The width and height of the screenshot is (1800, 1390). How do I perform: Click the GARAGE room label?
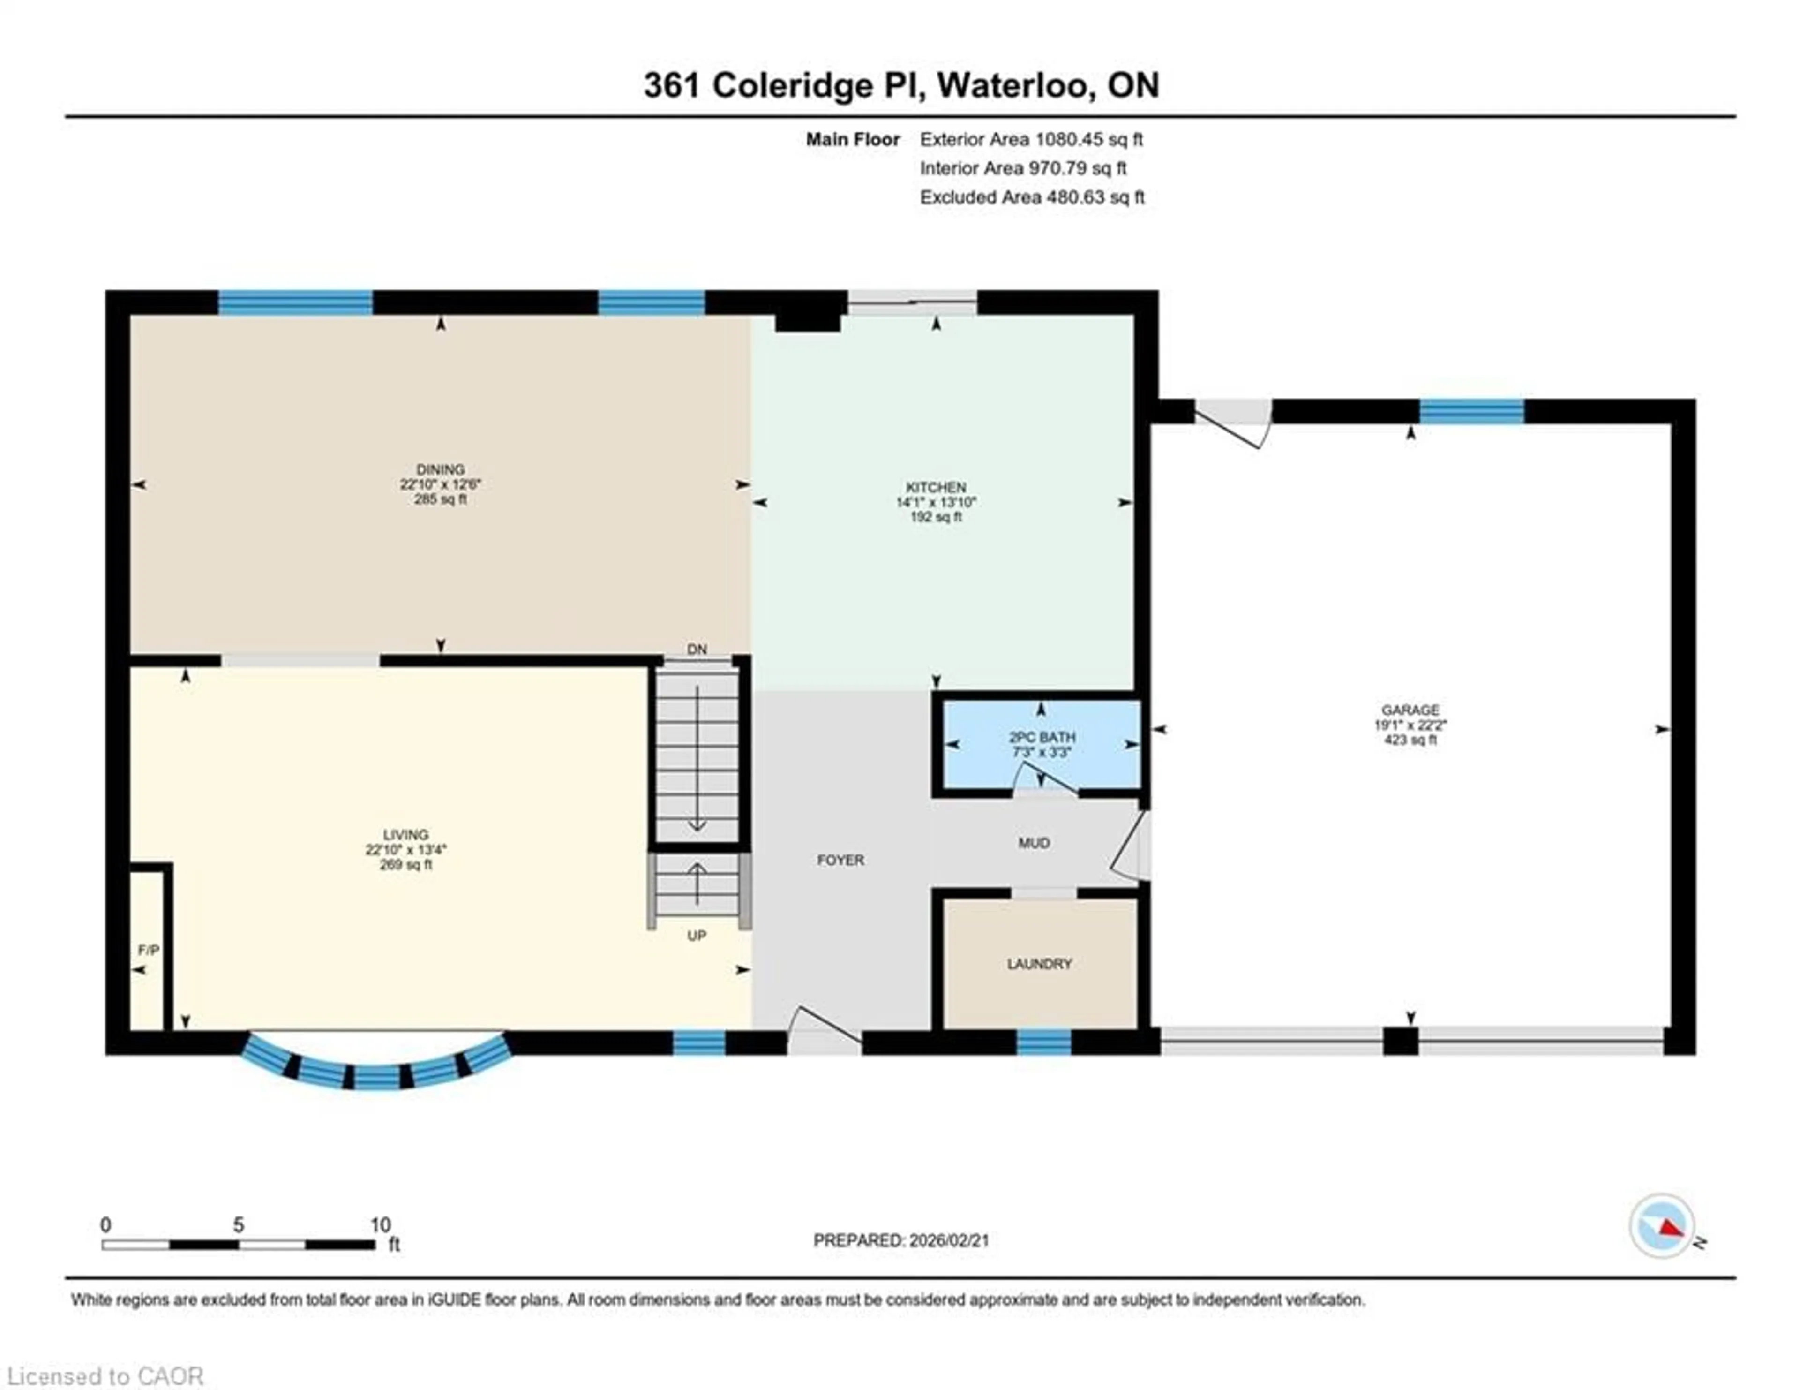[1410, 710]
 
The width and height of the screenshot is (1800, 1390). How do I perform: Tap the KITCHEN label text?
[936, 487]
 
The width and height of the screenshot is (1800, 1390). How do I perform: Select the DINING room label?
[440, 469]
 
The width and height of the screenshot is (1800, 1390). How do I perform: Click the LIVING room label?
[405, 834]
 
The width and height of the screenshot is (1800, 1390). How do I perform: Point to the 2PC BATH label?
[1042, 737]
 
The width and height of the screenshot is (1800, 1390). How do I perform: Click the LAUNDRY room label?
[1039, 964]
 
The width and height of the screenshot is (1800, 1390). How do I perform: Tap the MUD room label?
[1034, 843]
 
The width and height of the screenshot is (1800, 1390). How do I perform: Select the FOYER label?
[840, 860]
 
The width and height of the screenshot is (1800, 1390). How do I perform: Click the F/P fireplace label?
[148, 951]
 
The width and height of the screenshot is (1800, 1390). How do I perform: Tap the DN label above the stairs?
[697, 650]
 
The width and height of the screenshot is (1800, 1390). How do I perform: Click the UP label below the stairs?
[697, 936]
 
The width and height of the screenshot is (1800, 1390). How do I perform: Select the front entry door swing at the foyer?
[824, 1027]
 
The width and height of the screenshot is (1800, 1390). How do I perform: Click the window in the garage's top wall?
[1471, 410]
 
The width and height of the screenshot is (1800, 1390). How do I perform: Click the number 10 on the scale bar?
[380, 1225]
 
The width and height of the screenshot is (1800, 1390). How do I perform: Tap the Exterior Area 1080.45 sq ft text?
[1031, 139]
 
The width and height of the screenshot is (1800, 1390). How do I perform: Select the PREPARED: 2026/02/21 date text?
[901, 1240]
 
